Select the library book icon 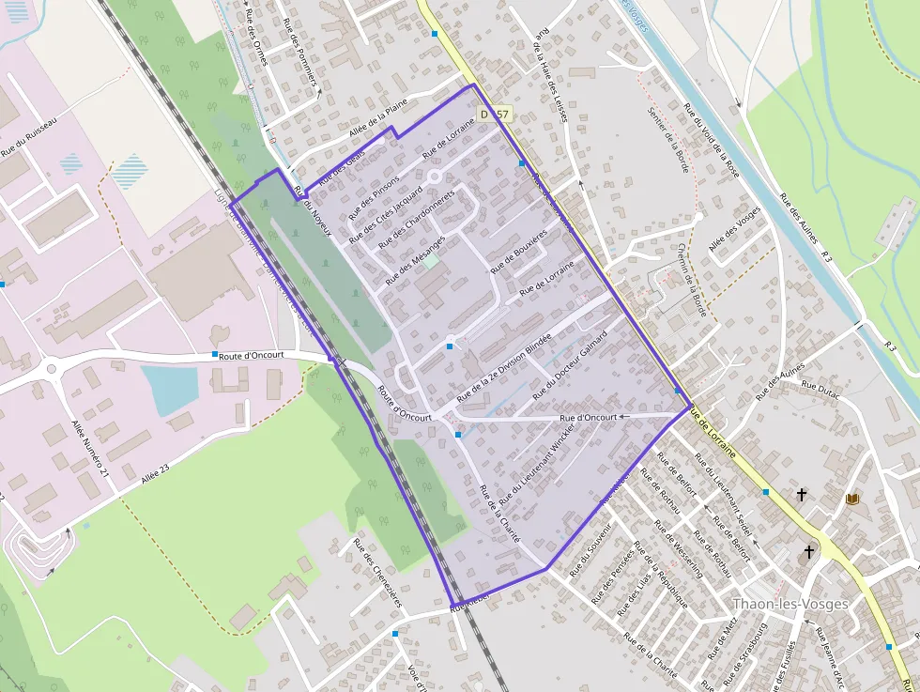click(x=852, y=499)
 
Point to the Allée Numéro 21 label click(x=90, y=451)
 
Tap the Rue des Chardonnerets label click(x=416, y=219)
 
